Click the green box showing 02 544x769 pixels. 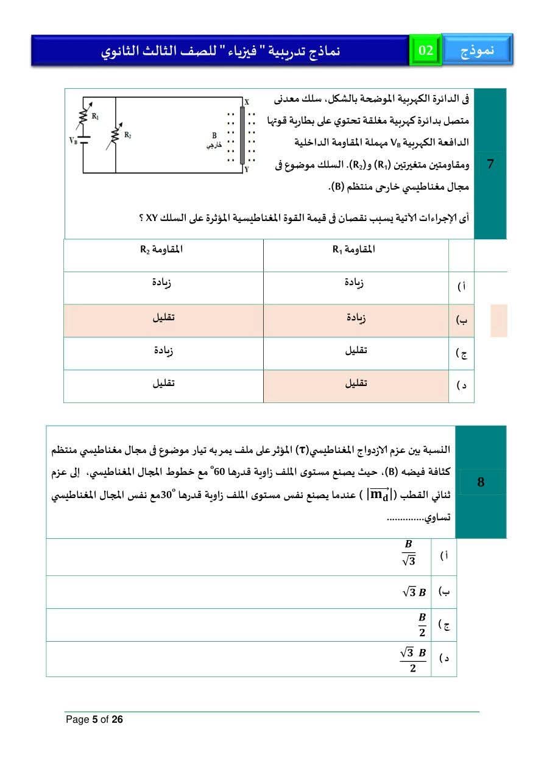[426, 50]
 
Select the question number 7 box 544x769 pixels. [490, 164]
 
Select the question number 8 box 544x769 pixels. [481, 482]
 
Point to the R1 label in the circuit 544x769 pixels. [95, 115]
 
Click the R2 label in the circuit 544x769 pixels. [127, 135]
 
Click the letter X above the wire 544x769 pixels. [247, 102]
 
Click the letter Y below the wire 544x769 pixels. [246, 170]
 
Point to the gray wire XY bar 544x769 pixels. [242, 136]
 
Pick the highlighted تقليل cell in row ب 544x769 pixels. [163, 317]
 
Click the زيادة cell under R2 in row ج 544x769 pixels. [163, 351]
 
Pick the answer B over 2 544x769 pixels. [422, 624]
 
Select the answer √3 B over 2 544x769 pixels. [413, 659]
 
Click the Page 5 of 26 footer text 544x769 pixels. [94, 720]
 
